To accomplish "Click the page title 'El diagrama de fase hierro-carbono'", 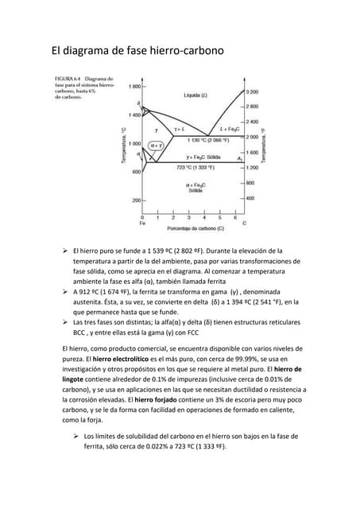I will (x=137, y=52).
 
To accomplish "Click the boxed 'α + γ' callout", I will (x=157, y=146).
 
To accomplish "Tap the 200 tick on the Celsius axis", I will (x=135, y=200).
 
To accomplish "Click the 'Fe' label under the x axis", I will (x=143, y=223).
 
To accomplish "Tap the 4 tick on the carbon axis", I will (x=204, y=216).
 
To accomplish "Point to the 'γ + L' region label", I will (x=180, y=128).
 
